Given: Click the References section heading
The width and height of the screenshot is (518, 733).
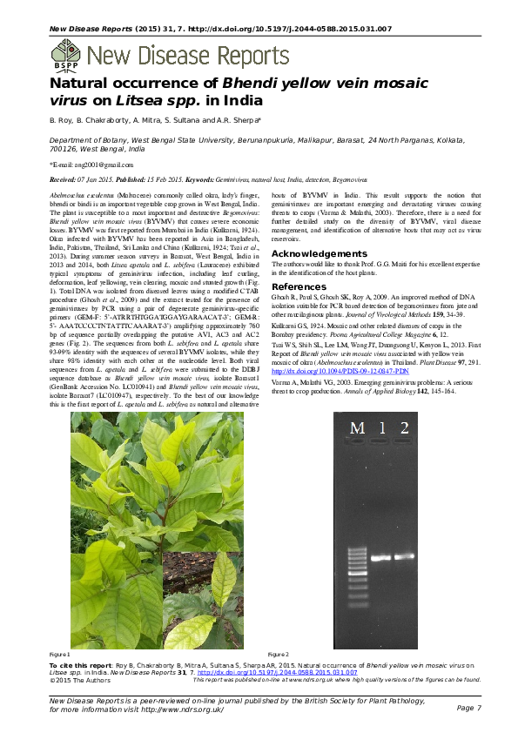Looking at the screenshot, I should tap(300, 286).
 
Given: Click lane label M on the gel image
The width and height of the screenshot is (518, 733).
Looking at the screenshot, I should tap(357, 427).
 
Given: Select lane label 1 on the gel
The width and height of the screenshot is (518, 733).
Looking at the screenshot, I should tap(381, 427).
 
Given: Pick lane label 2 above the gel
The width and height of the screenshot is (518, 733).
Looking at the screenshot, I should tap(404, 427).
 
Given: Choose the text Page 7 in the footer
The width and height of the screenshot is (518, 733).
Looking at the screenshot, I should tap(468, 709).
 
